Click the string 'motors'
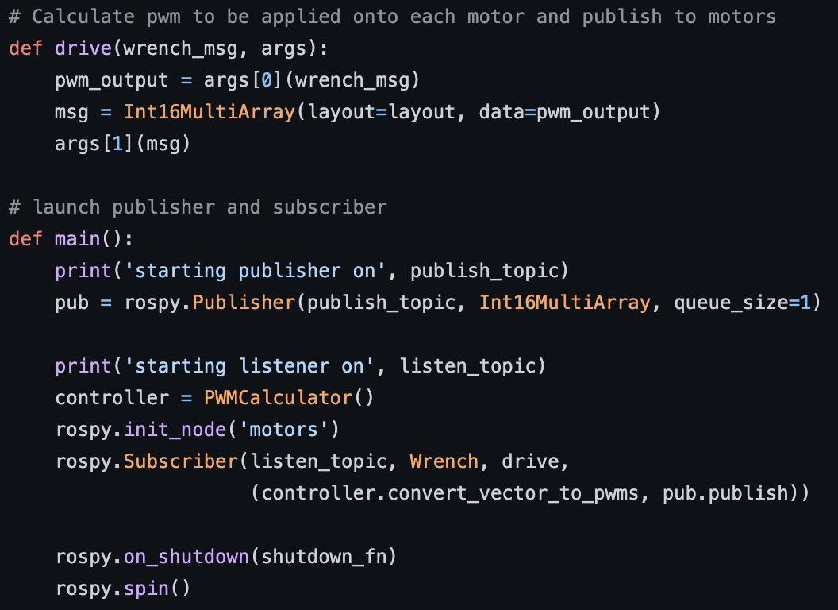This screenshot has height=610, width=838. point(290,430)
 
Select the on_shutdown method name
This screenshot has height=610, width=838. point(186,557)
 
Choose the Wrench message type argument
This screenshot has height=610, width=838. point(444,461)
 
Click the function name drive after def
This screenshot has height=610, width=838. point(83,48)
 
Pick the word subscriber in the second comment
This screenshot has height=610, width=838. point(330,207)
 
